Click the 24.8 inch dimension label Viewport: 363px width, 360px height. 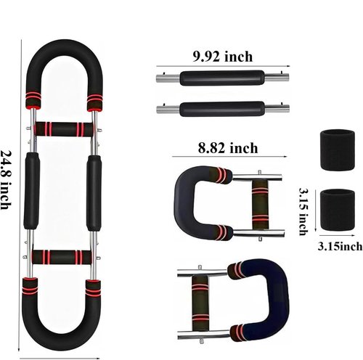coord(6,180)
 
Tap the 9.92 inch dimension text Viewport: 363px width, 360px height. coord(223,57)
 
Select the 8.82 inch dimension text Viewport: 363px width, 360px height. coord(228,148)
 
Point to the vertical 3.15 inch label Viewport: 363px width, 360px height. coord(303,211)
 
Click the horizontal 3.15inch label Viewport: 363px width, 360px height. coord(340,247)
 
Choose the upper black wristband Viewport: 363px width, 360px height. coord(338,150)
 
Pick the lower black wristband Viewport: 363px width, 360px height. coord(338,210)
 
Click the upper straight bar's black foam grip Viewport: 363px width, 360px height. coord(222,78)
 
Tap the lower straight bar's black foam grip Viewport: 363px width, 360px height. coord(222,109)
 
